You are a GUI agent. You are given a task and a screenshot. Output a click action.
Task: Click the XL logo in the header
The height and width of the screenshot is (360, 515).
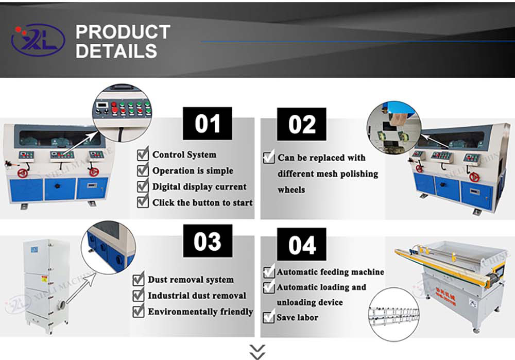tap(38, 41)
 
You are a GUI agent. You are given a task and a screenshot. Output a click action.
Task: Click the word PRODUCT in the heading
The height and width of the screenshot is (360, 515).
tap(123, 32)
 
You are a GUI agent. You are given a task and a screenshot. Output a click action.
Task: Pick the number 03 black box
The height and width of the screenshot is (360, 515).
tap(208, 242)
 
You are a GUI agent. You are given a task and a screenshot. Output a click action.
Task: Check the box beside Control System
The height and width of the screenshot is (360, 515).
tap(143, 155)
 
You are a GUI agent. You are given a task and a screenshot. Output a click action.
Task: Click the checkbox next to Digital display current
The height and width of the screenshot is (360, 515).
tap(143, 186)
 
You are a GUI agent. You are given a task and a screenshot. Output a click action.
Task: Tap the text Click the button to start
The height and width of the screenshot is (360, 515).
tap(202, 202)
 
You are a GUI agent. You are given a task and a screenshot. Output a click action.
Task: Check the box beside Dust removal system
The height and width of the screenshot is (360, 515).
tap(139, 280)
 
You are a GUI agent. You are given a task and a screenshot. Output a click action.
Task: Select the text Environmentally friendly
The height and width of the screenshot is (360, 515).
tap(200, 312)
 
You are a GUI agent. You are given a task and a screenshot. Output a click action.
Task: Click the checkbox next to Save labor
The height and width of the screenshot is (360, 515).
tap(269, 317)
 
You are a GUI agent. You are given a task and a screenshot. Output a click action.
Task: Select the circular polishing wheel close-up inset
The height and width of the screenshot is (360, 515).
tap(393, 127)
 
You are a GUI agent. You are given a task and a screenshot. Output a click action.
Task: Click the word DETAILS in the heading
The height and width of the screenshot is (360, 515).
tap(116, 51)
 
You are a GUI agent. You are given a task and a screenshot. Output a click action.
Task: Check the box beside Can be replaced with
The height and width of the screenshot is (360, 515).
tap(269, 157)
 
